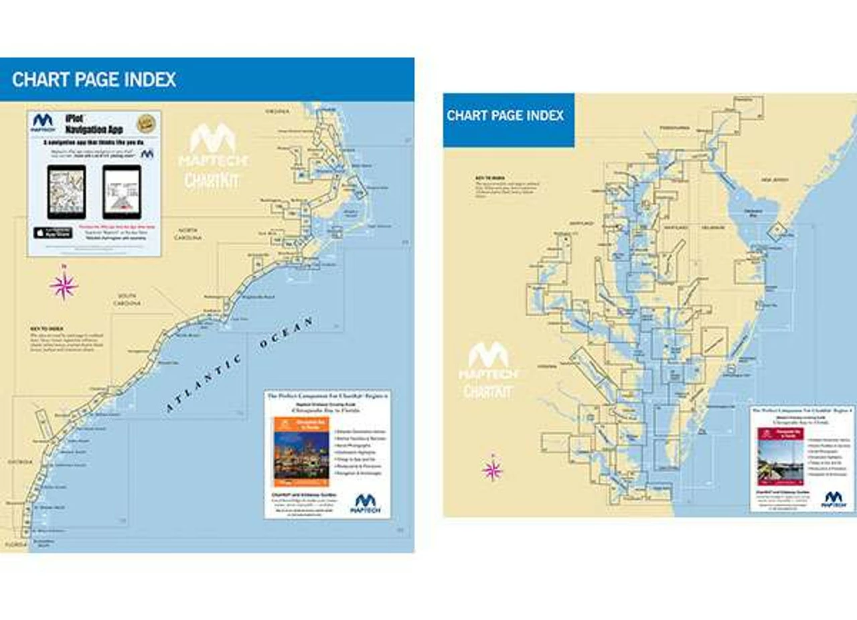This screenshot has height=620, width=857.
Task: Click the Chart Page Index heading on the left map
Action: pos(94,80)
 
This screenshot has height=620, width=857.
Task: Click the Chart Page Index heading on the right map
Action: pos(505,115)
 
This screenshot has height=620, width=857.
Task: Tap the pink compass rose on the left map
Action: pos(64,286)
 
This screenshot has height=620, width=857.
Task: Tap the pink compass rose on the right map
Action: pos(492,469)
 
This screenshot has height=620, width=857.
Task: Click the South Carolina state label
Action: pos(128,299)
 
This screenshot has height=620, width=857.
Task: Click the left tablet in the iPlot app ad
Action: pos(66,191)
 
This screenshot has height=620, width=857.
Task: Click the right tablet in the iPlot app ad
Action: pos(122,191)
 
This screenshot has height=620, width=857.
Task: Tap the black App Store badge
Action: pos(52,232)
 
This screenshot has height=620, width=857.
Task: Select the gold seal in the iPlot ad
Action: pos(146,123)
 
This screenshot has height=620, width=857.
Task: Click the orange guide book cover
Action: pos(301,451)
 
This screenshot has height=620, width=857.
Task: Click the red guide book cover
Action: pos(780,456)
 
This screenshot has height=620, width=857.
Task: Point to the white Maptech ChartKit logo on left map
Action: pos(212,155)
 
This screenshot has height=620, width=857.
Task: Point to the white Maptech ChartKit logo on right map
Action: pos(488,370)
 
